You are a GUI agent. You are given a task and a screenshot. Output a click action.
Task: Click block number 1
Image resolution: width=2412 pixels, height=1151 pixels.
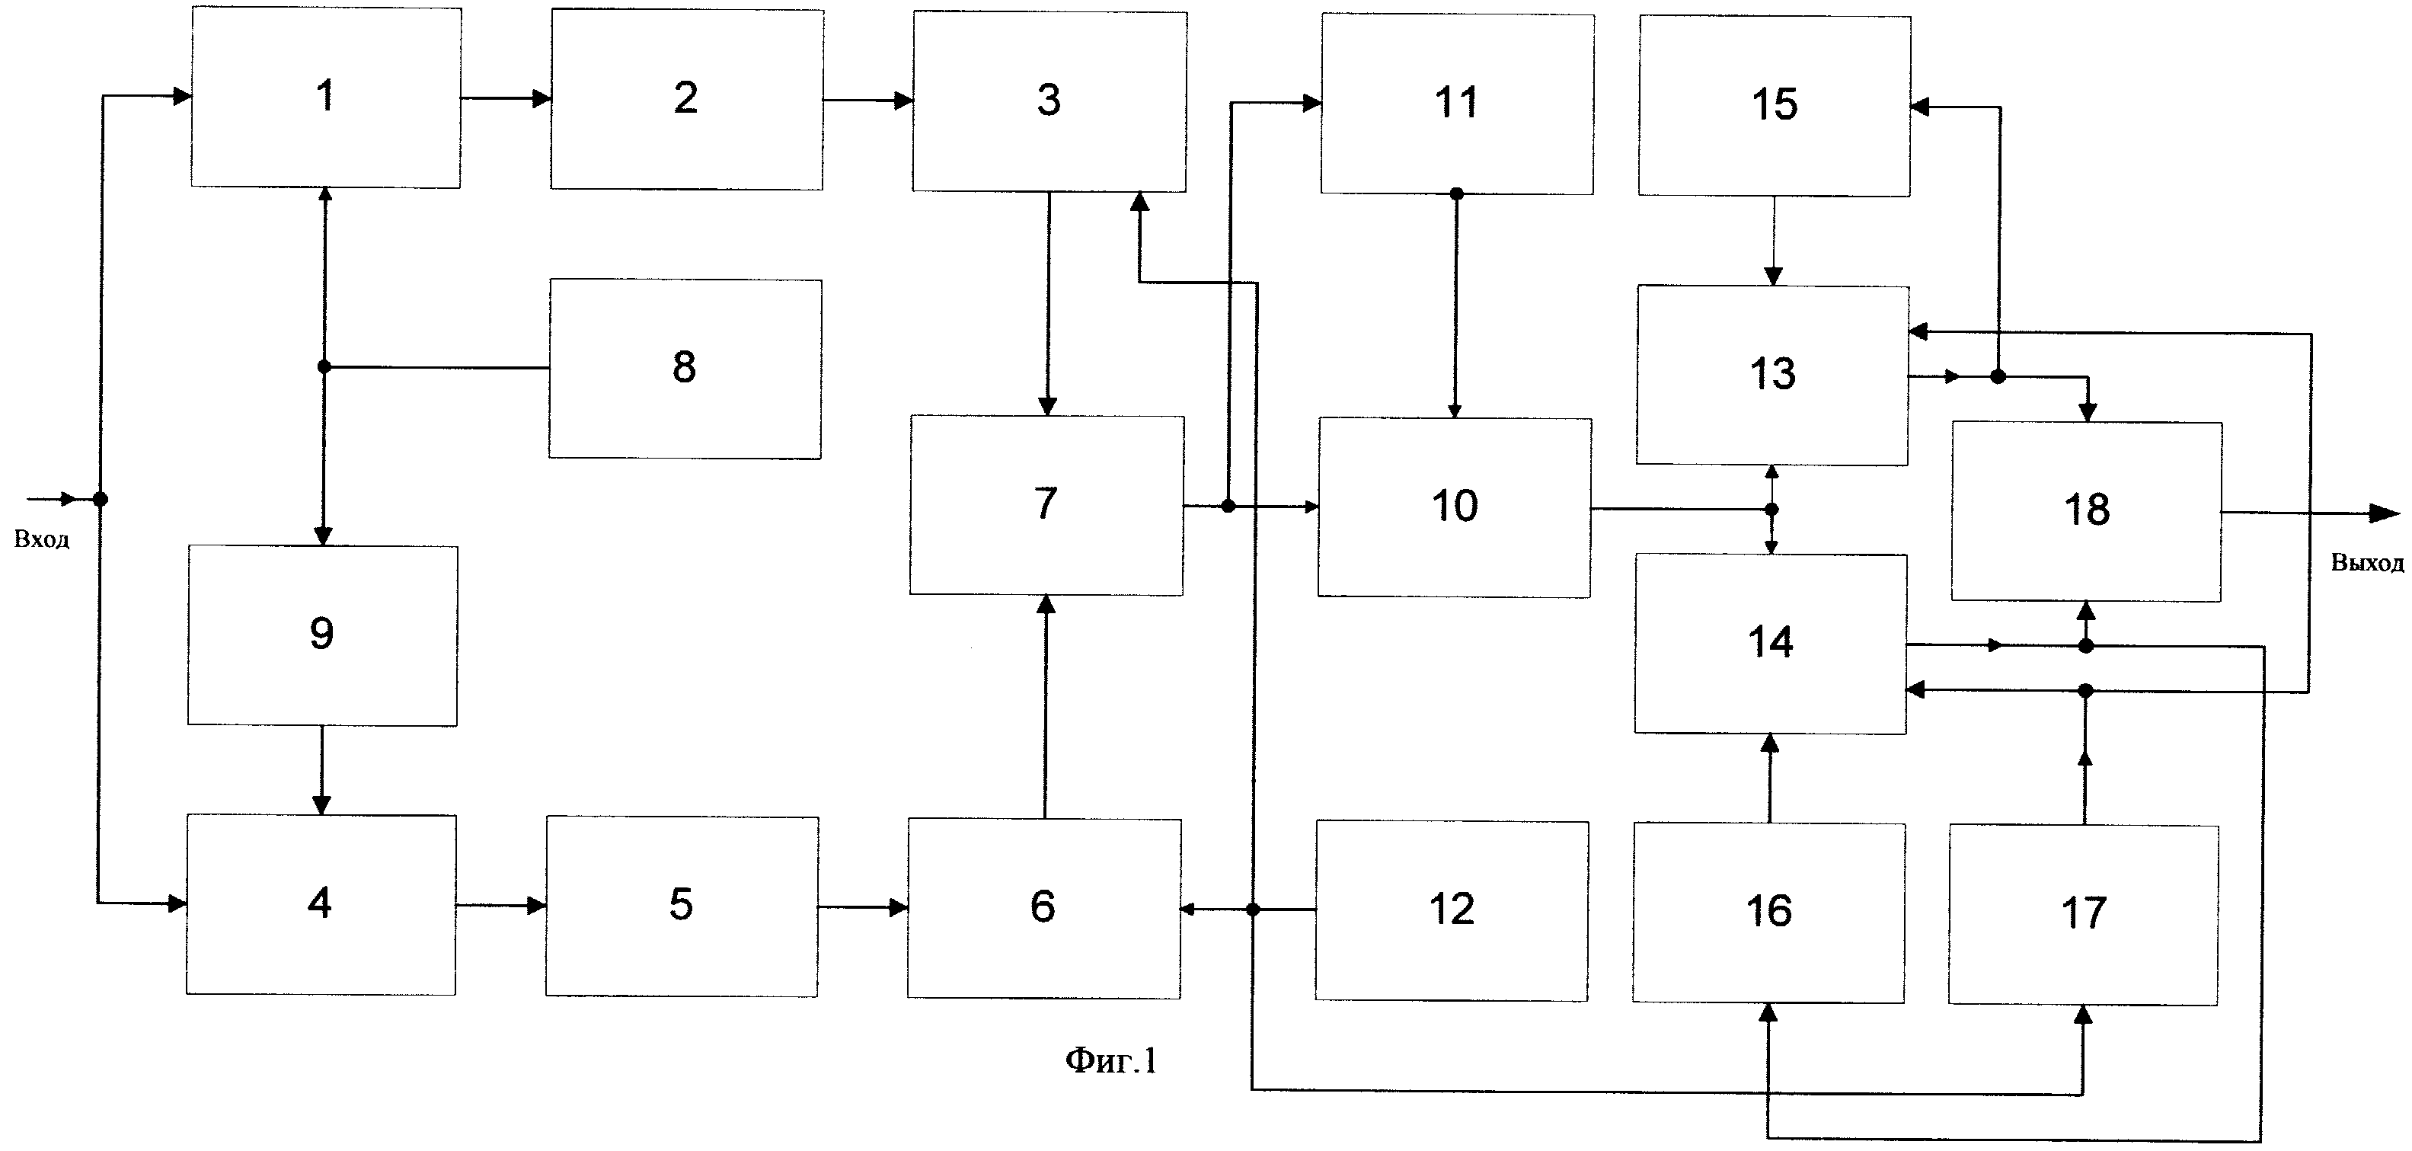326,98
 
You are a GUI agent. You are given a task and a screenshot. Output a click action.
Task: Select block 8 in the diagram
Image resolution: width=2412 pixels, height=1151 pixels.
685,368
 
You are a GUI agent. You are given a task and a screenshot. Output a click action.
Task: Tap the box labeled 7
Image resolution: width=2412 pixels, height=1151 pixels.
1046,505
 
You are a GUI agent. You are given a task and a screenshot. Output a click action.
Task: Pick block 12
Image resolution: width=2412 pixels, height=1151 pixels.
1452,910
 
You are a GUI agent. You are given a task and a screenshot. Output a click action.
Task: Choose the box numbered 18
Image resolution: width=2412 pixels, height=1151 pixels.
2087,511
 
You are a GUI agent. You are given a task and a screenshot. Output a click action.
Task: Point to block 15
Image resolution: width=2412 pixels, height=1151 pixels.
1775,106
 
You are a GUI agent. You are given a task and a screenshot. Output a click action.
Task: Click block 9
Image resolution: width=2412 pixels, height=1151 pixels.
323,635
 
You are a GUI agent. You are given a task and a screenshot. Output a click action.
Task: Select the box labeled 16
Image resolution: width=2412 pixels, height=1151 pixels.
1768,912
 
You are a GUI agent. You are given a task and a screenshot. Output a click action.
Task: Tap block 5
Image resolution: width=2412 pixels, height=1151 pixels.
682,906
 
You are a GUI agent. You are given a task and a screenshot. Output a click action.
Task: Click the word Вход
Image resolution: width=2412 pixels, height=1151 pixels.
41,539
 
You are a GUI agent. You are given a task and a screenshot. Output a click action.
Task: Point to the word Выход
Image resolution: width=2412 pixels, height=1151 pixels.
2367,563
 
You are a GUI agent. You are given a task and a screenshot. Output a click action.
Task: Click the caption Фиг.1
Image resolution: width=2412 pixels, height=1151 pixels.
1111,1060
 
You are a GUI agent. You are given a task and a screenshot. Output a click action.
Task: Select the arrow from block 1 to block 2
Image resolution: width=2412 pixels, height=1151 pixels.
506,98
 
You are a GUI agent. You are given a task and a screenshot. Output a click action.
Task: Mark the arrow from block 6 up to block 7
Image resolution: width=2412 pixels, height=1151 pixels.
1046,706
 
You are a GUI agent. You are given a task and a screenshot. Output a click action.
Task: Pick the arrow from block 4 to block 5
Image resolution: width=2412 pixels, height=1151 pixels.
502,906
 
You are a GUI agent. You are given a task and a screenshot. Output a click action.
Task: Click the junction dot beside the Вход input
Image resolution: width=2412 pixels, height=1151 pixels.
101,499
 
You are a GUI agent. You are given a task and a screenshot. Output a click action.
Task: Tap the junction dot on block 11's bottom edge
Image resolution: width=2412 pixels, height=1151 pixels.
1456,193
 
